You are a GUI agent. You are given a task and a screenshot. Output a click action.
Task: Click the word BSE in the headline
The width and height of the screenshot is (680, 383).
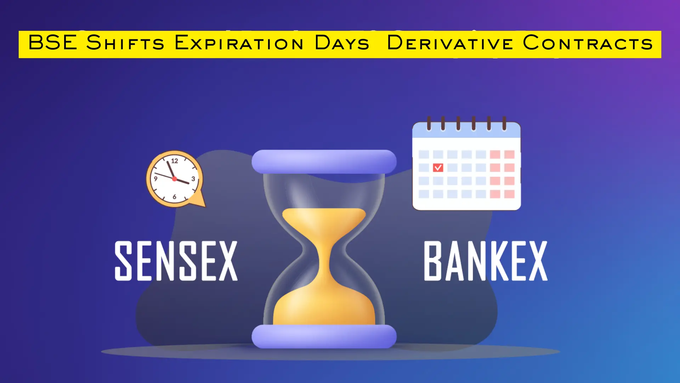(x=52, y=43)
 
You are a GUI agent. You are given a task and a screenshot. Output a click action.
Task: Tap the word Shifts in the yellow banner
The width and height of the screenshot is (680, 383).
(x=125, y=43)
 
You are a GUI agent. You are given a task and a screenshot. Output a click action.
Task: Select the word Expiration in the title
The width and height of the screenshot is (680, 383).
(x=239, y=43)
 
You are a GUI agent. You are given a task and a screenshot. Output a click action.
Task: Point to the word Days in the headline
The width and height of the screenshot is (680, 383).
(x=342, y=43)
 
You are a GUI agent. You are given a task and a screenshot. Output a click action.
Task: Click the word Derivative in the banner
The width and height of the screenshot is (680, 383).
(x=450, y=43)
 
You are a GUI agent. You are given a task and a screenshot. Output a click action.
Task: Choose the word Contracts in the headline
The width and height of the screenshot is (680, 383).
(x=588, y=43)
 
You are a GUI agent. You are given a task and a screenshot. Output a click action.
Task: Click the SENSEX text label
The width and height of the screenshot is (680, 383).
(x=176, y=261)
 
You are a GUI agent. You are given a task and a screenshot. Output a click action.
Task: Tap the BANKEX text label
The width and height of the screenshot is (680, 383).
(x=486, y=261)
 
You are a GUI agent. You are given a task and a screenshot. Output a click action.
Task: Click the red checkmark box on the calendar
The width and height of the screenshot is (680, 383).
(x=438, y=167)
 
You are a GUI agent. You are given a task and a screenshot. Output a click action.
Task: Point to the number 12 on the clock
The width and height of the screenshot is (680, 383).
(x=175, y=161)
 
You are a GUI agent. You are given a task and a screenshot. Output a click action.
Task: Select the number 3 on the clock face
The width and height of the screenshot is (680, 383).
(x=193, y=179)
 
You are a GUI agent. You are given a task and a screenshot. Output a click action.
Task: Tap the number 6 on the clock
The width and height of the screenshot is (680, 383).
(x=174, y=196)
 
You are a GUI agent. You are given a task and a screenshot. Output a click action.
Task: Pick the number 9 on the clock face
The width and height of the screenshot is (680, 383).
(x=155, y=178)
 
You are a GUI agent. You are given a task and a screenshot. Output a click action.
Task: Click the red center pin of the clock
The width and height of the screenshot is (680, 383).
(x=174, y=179)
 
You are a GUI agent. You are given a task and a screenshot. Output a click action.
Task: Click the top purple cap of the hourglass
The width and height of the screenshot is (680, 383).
(x=324, y=162)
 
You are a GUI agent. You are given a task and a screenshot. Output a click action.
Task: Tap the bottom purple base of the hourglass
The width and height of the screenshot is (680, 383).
(x=324, y=336)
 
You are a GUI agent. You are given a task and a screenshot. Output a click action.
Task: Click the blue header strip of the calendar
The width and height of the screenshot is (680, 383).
(x=466, y=131)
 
